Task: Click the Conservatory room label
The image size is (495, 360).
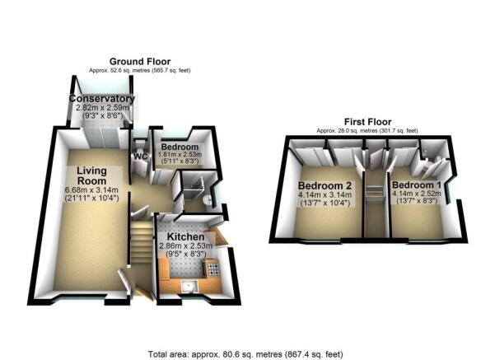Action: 101,100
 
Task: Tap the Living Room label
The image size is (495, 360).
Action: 91,176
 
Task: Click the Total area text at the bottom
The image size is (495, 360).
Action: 247,353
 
